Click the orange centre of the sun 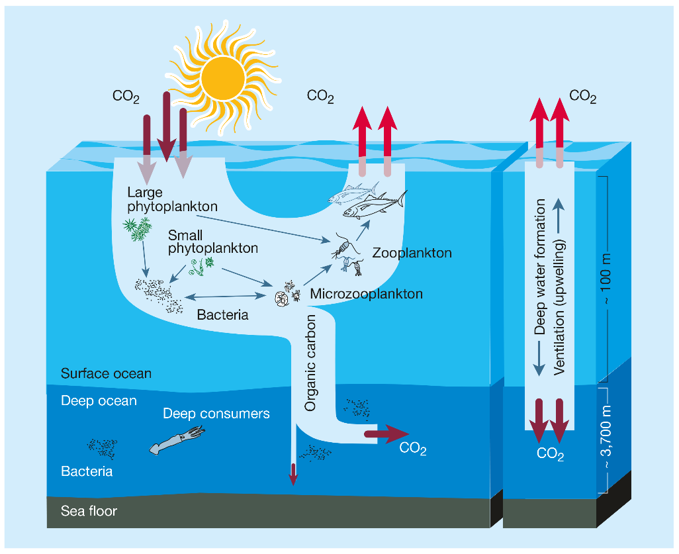pyautogui.click(x=227, y=78)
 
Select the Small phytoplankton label pyautogui.click(x=212, y=242)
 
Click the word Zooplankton pyautogui.click(x=412, y=253)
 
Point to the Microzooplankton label pyautogui.click(x=366, y=294)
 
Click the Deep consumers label pyautogui.click(x=216, y=414)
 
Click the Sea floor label pyautogui.click(x=89, y=511)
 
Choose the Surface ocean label pyautogui.click(x=106, y=373)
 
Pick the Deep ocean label pyautogui.click(x=99, y=400)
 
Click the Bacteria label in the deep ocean pyautogui.click(x=87, y=471)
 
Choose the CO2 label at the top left pyautogui.click(x=126, y=97)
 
